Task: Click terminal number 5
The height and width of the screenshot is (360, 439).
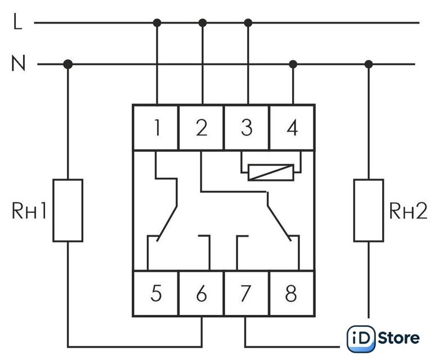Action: coord(156,293)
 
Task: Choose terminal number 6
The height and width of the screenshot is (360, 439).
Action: coord(201,293)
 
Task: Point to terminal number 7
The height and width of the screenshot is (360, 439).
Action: coord(247,293)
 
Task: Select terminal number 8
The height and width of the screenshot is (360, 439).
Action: coord(292,293)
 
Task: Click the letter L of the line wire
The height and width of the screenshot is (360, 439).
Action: coord(17,23)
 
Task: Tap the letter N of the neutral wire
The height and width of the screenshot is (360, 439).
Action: coord(19,65)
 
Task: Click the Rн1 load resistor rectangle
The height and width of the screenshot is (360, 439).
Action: coord(68,210)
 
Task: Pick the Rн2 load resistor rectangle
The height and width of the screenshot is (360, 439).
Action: coord(369,210)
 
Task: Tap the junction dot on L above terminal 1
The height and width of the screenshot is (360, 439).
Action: coord(157,23)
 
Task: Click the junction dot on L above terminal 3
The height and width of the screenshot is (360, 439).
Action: coord(248,23)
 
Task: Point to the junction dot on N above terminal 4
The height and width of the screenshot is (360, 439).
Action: coord(292,65)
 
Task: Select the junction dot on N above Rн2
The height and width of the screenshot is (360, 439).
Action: coord(369,65)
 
